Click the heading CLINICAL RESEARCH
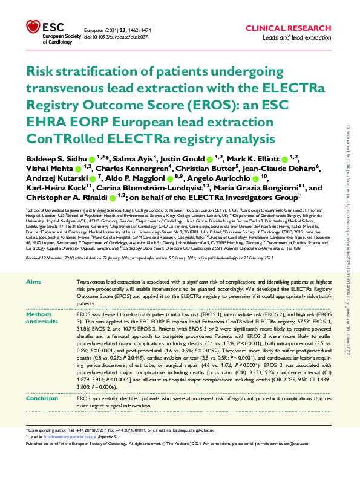point(295,28)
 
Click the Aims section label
point(36,282)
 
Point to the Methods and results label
point(44,319)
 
